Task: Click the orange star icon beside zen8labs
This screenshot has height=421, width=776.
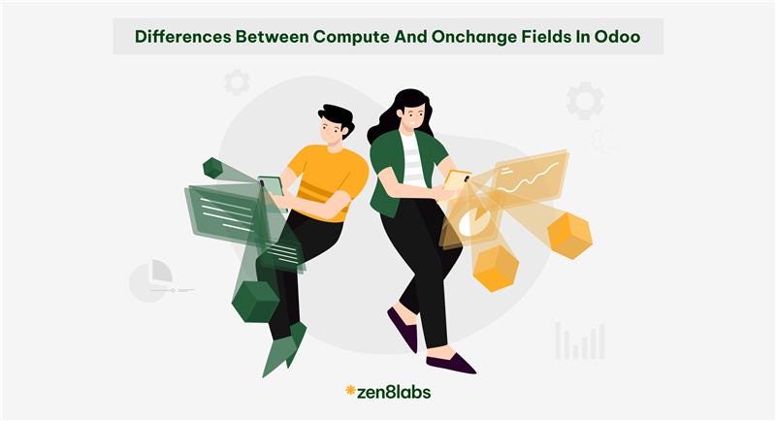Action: click(350, 391)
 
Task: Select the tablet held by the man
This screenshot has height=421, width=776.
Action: click(271, 187)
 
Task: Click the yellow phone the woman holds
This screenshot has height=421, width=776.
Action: click(457, 179)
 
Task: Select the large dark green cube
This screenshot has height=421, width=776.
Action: click(255, 301)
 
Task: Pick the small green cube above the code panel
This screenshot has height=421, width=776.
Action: click(212, 168)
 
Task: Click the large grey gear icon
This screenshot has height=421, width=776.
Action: click(585, 101)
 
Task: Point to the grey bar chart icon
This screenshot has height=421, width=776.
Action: click(580, 341)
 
